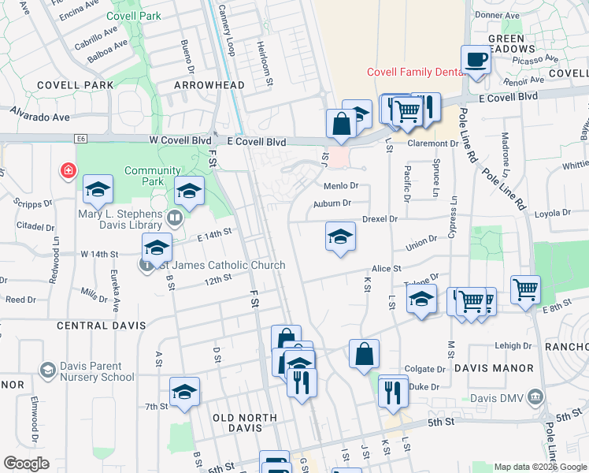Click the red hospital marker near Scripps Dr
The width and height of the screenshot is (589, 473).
coord(69,170)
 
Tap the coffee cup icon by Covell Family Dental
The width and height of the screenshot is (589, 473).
coord(476,60)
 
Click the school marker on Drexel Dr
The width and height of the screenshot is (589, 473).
coord(340,236)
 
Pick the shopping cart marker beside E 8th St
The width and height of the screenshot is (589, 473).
coord(524,288)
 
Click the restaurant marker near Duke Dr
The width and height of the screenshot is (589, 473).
coord(393,390)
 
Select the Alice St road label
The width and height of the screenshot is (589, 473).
coord(387,269)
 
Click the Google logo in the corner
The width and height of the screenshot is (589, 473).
coord(27,464)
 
